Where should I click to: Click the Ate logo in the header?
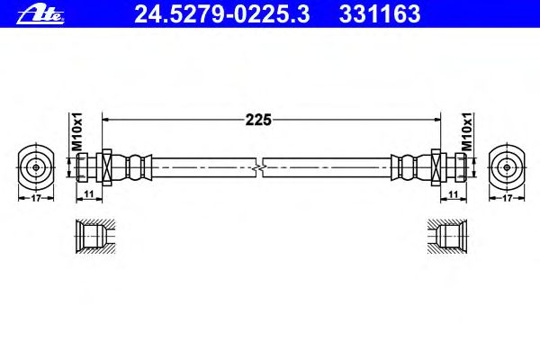tap(40, 15)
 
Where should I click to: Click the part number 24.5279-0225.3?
tap(222, 14)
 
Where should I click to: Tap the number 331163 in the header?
tap(380, 14)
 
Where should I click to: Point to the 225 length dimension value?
tap(258, 120)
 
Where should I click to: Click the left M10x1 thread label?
tap(77, 132)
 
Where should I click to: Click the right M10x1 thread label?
tap(467, 132)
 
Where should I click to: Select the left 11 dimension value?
tap(89, 194)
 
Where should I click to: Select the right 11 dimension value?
tap(454, 194)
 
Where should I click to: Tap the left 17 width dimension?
tap(36, 198)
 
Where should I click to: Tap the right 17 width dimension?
tap(507, 198)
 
